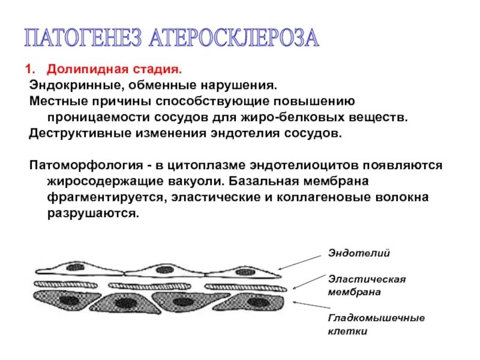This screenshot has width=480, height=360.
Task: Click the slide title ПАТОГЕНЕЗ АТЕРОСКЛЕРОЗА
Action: pyautogui.click(x=172, y=38)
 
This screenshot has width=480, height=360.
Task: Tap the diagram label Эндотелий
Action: pyautogui.click(x=359, y=253)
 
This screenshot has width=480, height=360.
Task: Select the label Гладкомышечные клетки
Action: pyautogui.click(x=376, y=324)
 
